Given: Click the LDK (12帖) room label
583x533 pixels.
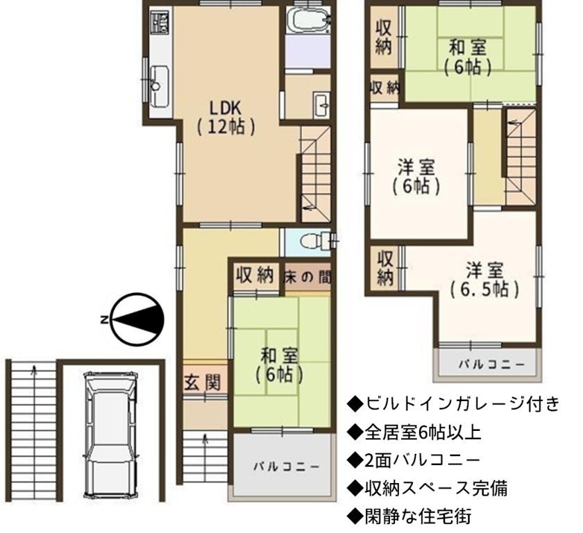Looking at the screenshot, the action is click(226, 117).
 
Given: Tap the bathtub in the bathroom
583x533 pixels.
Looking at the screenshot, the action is click(307, 19).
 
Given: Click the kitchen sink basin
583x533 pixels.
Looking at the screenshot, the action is click(160, 85).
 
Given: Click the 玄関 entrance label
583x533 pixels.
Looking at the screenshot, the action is click(203, 382).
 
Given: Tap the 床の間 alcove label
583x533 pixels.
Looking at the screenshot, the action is click(307, 277).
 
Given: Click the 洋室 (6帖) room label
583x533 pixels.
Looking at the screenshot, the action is click(416, 176).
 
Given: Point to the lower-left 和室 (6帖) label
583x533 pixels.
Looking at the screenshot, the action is click(279, 365).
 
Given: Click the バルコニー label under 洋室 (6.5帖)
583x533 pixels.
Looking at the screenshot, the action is click(491, 364).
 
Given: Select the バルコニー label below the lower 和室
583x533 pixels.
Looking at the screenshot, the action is click(286, 466).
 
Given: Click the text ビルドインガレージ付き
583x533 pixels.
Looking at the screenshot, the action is click(453, 405).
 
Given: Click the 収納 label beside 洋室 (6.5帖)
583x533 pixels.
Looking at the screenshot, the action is click(385, 268).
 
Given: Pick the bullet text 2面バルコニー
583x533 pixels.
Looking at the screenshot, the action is click(414, 460).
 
